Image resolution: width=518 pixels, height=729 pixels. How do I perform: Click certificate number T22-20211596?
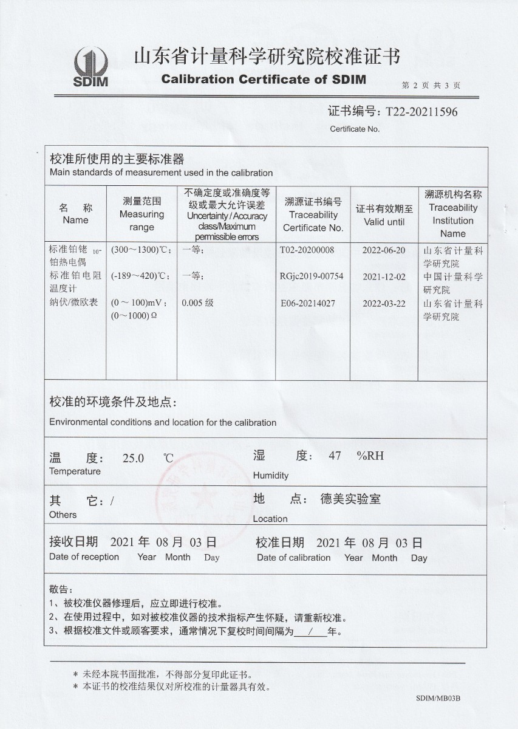coord(418,112)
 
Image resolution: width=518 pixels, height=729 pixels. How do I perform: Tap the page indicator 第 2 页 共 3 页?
coord(431,86)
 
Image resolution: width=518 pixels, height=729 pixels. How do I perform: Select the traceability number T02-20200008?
coord(307,250)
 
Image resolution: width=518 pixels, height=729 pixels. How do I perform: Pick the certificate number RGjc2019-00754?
coord(312,276)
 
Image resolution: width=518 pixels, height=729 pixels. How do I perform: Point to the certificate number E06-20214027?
coord(307,303)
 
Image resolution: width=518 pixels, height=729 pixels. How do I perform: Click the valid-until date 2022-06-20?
coord(383,250)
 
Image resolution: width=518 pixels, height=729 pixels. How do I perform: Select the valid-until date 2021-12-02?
coord(383,277)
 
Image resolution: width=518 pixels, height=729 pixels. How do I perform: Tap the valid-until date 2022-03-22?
coord(383,304)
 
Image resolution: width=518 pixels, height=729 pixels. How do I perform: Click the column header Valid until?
coord(384,222)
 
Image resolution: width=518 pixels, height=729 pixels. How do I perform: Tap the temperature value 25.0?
coord(133,458)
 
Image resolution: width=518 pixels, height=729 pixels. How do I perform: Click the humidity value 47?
coord(335,456)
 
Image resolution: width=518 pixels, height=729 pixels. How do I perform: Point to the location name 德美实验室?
coord(350,499)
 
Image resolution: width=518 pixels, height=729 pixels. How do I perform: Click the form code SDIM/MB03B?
coord(438,699)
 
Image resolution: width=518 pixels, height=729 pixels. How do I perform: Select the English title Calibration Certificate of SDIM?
coord(264,80)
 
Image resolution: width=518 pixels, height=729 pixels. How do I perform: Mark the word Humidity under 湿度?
coord(271,476)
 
